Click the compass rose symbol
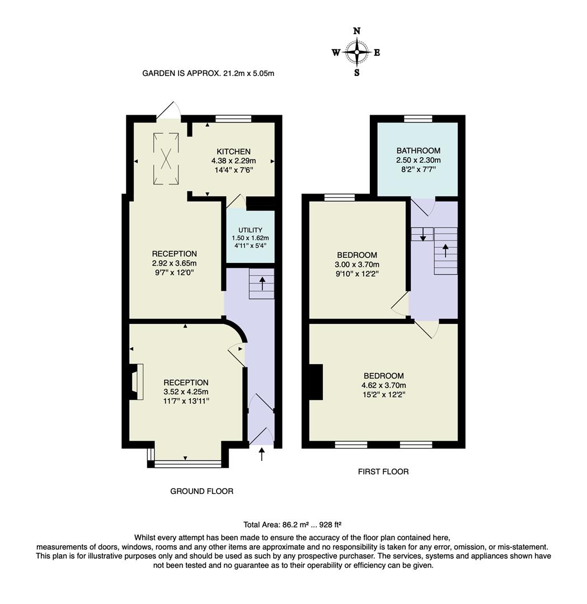[x=356, y=52]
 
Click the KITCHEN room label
[x=233, y=152]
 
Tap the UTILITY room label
[x=250, y=230]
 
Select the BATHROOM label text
[x=418, y=150]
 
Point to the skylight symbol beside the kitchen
[x=166, y=159]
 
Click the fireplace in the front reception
[x=135, y=381]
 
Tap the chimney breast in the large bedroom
[x=316, y=382]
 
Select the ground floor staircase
[x=262, y=284]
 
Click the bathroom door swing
[x=424, y=206]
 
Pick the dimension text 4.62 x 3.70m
[x=383, y=385]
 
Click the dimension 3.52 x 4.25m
[x=186, y=392]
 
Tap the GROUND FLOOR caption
[x=201, y=491]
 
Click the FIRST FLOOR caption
[x=383, y=471]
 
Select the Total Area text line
[x=292, y=525]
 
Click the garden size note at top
[x=208, y=73]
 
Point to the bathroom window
[x=418, y=118]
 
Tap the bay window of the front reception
[x=187, y=463]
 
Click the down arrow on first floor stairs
[x=422, y=234]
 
